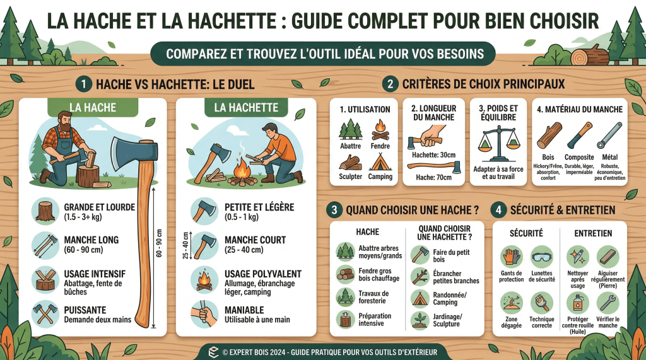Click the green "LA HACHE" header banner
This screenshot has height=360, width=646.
click(x=91, y=108)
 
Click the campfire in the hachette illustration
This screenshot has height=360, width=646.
click(x=242, y=171)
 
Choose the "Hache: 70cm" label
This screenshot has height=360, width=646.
click(x=433, y=178)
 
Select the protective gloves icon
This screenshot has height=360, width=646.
click(x=510, y=257)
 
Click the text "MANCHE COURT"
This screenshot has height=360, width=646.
click(x=255, y=240)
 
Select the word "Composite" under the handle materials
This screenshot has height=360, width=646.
click(x=579, y=157)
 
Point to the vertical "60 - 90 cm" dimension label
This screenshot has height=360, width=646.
click(x=159, y=243)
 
